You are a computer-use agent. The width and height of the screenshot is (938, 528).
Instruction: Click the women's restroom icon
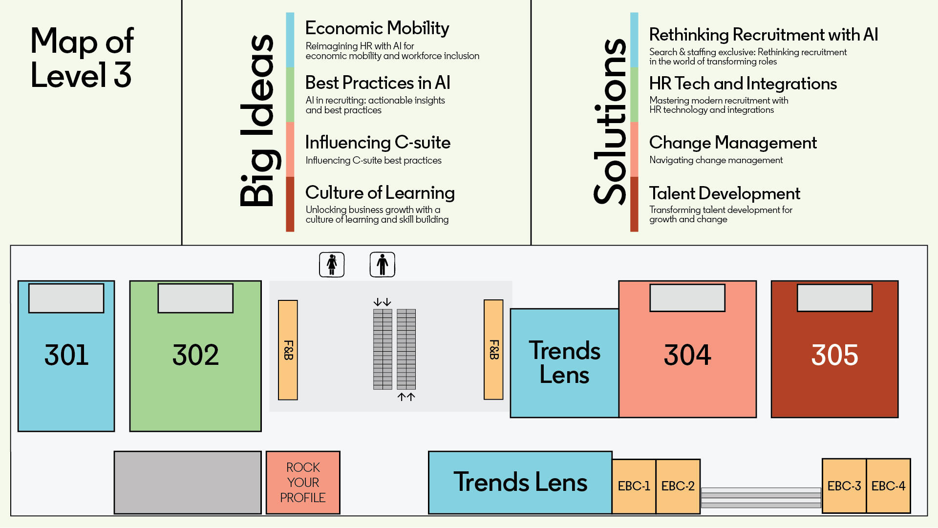click(332, 265)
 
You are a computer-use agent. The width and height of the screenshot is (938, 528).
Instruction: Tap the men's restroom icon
click(383, 265)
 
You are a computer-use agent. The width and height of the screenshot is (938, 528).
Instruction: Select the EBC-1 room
click(634, 486)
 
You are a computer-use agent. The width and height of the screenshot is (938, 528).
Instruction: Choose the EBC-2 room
click(678, 486)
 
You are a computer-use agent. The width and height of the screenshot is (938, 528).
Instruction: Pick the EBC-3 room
click(844, 486)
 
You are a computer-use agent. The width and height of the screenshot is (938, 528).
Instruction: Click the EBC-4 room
click(889, 486)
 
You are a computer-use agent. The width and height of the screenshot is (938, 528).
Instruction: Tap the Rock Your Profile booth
click(303, 483)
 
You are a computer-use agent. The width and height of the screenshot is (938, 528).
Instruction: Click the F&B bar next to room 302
click(288, 350)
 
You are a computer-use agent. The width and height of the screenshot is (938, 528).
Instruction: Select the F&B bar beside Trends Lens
click(493, 350)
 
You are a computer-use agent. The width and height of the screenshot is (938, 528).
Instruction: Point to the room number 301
click(66, 355)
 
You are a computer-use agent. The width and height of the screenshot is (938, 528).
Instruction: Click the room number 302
click(195, 355)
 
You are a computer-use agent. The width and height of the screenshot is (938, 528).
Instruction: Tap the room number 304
click(687, 355)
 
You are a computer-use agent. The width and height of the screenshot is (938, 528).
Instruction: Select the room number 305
click(834, 355)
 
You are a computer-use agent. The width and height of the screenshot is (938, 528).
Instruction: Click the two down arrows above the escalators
click(383, 302)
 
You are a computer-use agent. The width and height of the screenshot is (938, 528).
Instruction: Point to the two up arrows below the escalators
click(406, 397)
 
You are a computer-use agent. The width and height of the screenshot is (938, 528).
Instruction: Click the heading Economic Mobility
click(377, 29)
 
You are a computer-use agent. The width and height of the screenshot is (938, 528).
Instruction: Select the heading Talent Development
click(725, 193)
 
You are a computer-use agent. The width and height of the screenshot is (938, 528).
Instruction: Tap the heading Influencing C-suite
click(378, 143)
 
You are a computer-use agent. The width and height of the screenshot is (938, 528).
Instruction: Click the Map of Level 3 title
click(82, 58)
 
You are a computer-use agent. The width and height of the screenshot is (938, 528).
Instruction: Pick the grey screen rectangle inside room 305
click(834, 298)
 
